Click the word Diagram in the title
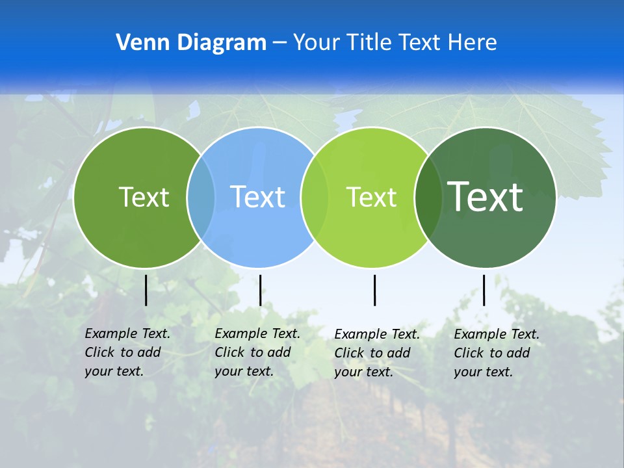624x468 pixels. pos(219,43)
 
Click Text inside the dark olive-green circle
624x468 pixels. pos(144,197)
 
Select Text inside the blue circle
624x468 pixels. pos(257,197)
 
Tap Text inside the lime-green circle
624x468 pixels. pos(371,197)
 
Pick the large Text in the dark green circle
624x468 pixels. pos(485,196)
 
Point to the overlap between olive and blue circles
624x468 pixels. pos(201,197)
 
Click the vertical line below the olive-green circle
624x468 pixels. pos(146,290)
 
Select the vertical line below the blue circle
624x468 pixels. pos(260,290)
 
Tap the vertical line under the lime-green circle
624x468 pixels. pos(374,290)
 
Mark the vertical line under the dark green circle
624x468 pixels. pos(484,290)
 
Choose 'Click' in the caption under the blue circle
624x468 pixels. pos(229,352)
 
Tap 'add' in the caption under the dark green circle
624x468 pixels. pos(518,353)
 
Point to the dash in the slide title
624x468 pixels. pos(279,43)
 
